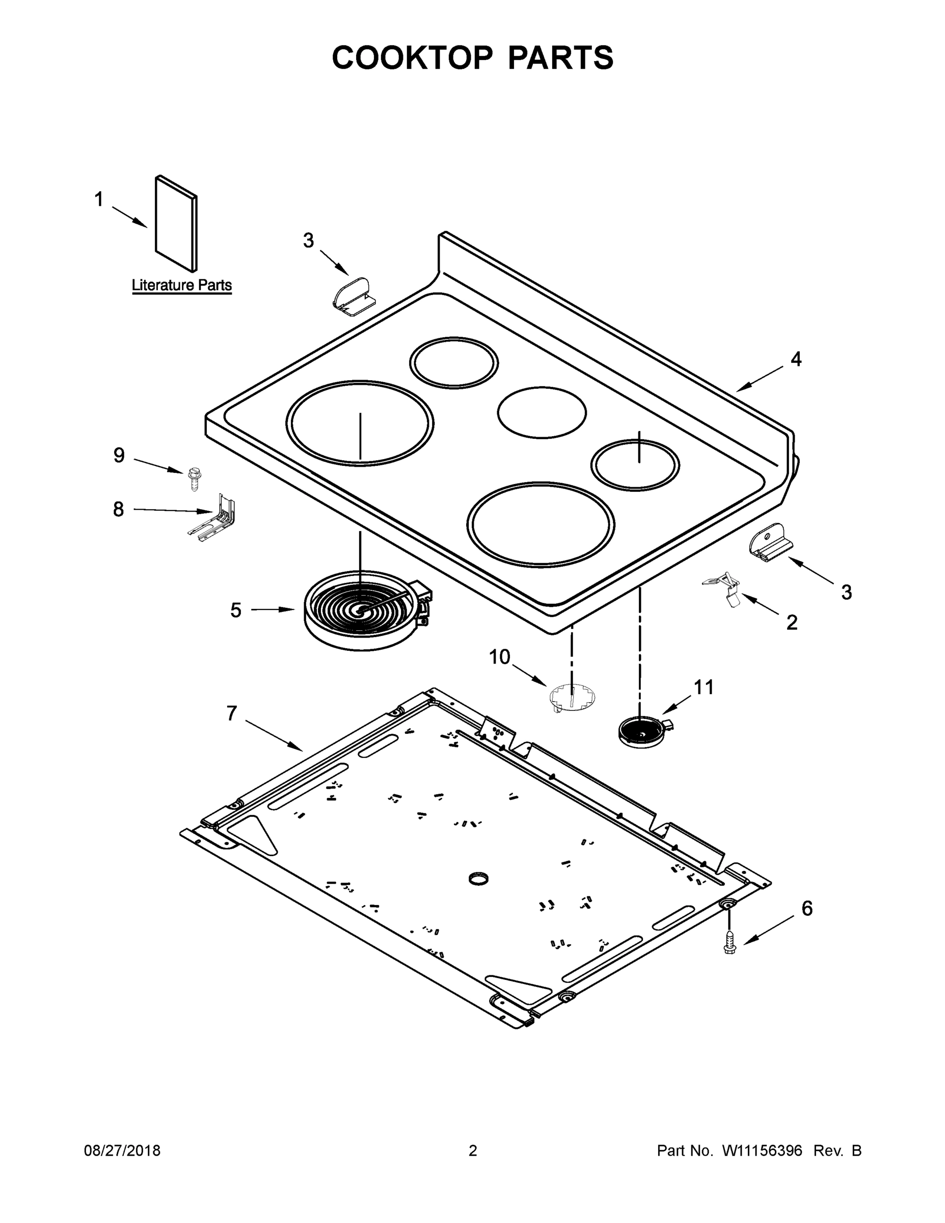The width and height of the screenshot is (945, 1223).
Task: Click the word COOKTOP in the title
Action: pyautogui.click(x=413, y=58)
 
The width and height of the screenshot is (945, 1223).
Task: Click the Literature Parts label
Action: pyautogui.click(x=181, y=285)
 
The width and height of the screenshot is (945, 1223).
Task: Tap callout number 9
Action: pyautogui.click(x=119, y=455)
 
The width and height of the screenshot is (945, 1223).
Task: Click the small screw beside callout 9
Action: pyautogui.click(x=194, y=480)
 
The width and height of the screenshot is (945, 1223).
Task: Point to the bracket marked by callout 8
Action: pyautogui.click(x=214, y=519)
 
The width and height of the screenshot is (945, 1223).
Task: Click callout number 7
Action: pyautogui.click(x=232, y=713)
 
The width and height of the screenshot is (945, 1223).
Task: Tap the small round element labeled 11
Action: pyautogui.click(x=643, y=731)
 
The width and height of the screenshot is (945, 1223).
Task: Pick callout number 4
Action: pyautogui.click(x=796, y=359)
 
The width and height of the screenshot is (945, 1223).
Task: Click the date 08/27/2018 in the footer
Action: pyautogui.click(x=122, y=1150)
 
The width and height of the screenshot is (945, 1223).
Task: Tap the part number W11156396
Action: pyautogui.click(x=762, y=1150)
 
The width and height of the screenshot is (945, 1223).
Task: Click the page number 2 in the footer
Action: pyautogui.click(x=473, y=1150)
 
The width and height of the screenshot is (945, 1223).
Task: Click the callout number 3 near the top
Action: pyautogui.click(x=309, y=241)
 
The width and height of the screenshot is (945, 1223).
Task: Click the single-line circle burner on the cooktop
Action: pyautogui.click(x=542, y=413)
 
